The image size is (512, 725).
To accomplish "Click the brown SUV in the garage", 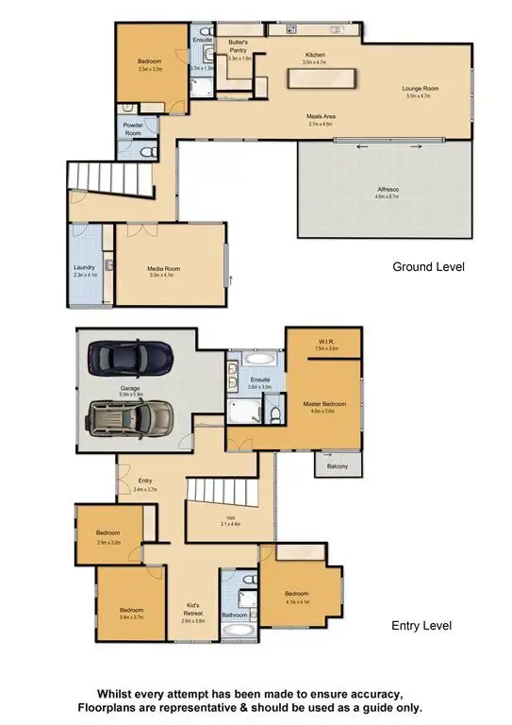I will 132,416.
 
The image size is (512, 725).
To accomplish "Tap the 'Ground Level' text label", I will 428,267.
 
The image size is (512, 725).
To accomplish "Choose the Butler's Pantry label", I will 237,46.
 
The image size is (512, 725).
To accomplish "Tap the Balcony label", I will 337,466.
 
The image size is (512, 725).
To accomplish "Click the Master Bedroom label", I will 324,404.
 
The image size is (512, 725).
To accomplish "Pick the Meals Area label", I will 321,117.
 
